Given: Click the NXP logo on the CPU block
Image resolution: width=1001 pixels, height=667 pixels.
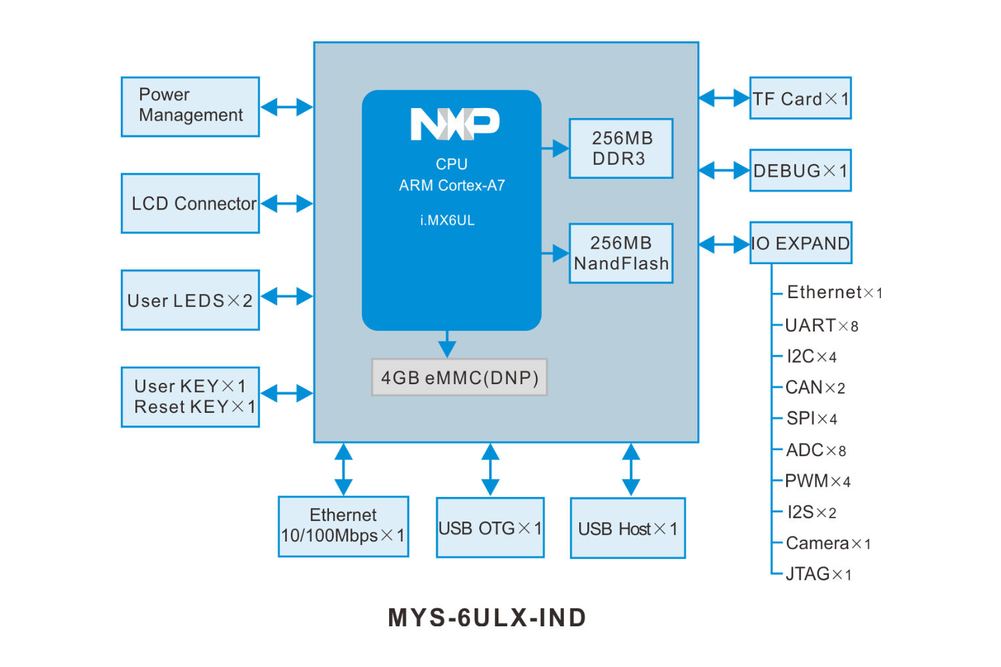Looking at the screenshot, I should click(x=454, y=124).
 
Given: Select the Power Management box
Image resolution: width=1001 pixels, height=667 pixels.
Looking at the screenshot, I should click(x=190, y=107).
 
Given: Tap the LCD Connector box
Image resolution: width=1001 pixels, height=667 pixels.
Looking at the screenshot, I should click(x=190, y=203).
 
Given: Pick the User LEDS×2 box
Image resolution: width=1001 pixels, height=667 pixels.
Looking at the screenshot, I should click(x=190, y=300).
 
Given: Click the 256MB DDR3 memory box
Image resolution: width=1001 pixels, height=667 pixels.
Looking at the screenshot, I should click(x=621, y=148).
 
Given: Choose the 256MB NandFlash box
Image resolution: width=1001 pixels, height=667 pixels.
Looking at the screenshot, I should click(x=621, y=253).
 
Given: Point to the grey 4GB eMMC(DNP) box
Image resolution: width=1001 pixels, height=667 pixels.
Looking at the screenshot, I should click(x=459, y=378).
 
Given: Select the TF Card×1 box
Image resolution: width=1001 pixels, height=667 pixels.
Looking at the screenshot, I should click(x=800, y=99).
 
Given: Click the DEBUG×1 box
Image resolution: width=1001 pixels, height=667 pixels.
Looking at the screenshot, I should click(x=800, y=171).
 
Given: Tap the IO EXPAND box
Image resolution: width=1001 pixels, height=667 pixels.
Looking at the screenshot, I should click(x=801, y=243).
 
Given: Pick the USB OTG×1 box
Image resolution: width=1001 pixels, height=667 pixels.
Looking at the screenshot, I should click(x=490, y=528).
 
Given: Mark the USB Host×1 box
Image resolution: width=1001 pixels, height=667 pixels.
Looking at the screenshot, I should click(x=627, y=528).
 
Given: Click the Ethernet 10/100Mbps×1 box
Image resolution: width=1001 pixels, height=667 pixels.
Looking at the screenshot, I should click(x=343, y=526).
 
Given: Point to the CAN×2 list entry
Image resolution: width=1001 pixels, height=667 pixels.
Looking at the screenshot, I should click(x=815, y=388).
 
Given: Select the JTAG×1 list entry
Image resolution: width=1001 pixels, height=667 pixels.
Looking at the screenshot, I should click(x=818, y=574).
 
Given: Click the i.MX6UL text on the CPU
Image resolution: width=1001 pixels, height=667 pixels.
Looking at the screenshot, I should click(x=447, y=220).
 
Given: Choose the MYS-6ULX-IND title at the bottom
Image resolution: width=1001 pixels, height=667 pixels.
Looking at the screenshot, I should click(x=487, y=618).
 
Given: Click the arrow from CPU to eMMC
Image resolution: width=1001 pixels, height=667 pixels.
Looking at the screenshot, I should click(x=447, y=344).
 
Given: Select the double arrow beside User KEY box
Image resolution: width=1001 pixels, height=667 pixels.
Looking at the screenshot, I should click(x=286, y=394).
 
